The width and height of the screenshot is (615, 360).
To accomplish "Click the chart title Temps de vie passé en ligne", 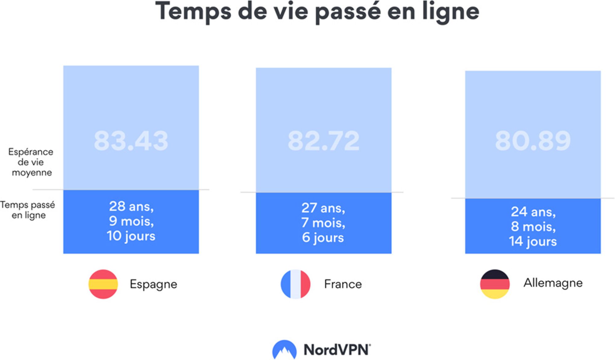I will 317,12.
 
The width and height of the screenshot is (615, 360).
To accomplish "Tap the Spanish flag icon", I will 103,284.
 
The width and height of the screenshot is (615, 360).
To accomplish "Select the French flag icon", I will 295,284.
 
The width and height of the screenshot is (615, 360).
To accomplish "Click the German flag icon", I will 495,284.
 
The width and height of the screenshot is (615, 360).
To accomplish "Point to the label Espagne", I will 153,284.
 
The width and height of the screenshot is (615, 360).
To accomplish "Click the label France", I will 343,284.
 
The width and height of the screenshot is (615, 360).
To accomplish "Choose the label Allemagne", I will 553,283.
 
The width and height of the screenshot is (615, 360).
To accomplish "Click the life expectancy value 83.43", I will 131,141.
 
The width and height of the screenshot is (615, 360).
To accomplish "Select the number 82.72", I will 323,141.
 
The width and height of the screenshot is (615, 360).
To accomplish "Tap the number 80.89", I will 533,141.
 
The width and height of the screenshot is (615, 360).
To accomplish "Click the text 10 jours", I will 131,236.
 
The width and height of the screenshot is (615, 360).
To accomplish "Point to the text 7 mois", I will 323,223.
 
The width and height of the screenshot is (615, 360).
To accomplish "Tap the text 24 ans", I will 533,212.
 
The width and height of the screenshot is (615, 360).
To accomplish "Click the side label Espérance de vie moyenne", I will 31,162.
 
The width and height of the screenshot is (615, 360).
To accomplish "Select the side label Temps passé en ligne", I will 28,210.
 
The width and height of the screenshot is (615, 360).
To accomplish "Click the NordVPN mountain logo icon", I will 284,350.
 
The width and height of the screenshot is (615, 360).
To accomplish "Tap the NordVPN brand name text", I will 337,350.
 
